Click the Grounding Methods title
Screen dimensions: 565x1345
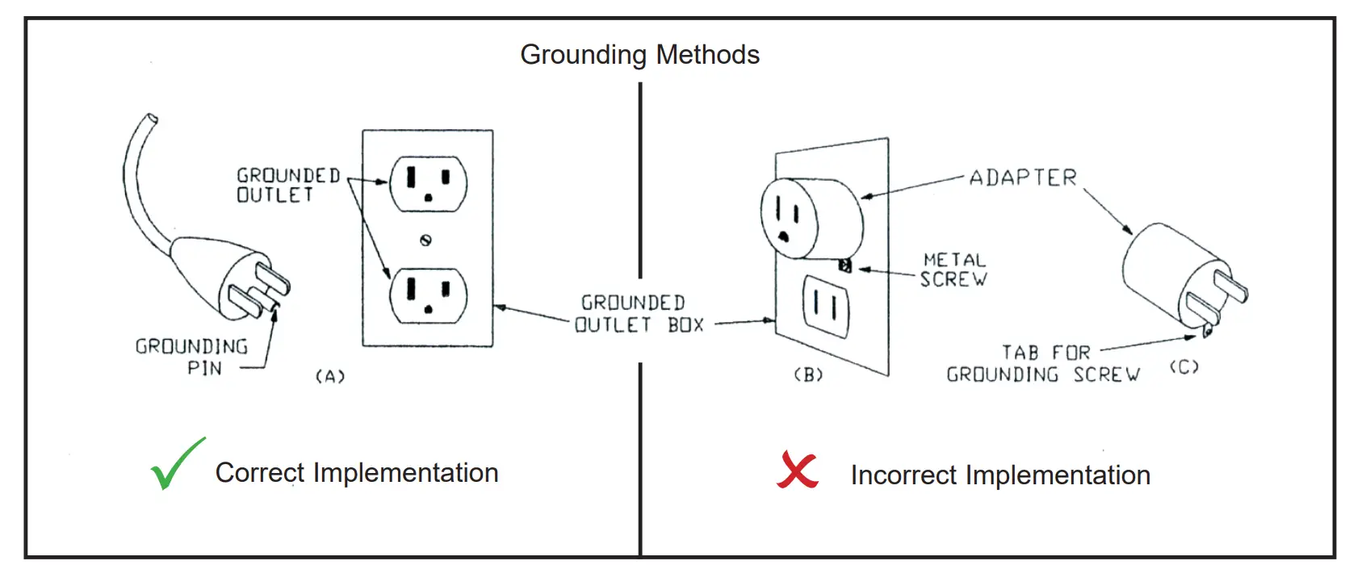coord(639,55)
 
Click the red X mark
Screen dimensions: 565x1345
coord(797,470)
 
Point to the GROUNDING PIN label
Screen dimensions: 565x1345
coord(192,357)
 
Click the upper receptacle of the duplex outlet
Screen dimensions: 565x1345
coord(428,184)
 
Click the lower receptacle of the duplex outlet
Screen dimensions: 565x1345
coord(428,295)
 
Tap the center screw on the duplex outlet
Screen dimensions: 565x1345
coord(426,240)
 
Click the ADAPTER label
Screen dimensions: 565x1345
coord(1023,178)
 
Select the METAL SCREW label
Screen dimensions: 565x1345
coord(954,270)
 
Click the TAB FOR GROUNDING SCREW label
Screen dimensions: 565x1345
coord(1043,364)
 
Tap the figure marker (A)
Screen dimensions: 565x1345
coord(329,376)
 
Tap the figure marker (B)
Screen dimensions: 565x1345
coord(808,375)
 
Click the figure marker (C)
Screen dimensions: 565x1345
coord(1184,367)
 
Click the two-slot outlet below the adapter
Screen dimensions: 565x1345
coord(825,306)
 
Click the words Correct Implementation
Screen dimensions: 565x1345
coord(356,473)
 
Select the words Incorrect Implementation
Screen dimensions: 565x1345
coord(999,475)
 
